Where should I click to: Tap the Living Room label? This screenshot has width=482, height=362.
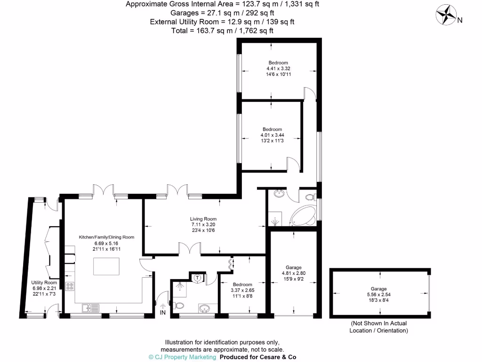tap(203, 219)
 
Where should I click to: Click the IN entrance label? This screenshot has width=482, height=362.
tap(163, 313)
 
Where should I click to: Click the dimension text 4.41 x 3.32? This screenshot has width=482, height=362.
tap(278, 68)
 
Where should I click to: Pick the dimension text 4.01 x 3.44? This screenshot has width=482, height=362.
tap(272, 135)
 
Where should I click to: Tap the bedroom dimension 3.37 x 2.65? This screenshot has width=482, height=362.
tap(242, 290)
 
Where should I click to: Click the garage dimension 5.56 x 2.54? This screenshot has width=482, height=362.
tap(379, 295)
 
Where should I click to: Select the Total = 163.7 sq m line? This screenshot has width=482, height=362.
tap(223, 30)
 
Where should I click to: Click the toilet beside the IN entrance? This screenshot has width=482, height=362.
tap(179, 306)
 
